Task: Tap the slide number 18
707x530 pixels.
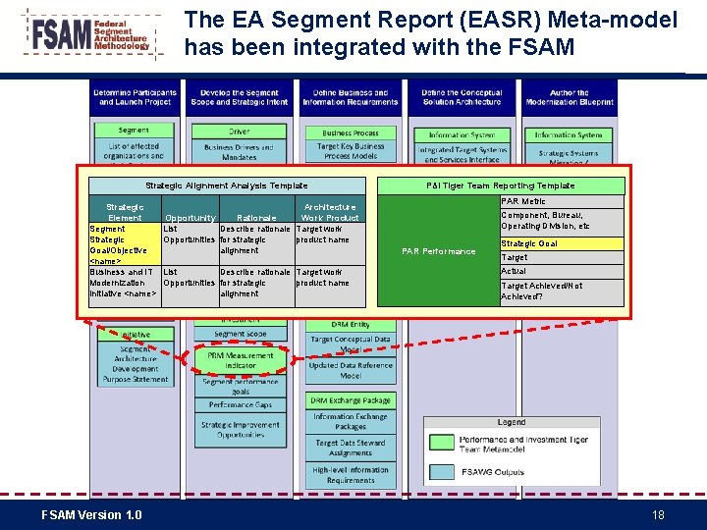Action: coord(658,515)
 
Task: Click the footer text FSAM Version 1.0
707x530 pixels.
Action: coord(91,515)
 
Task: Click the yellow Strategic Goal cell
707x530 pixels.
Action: coord(562,243)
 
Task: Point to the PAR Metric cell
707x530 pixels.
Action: coord(562,201)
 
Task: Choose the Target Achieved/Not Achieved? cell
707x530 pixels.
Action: coord(562,291)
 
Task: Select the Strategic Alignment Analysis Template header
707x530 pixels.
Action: coord(226,185)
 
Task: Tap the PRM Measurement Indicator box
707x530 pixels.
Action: coord(240,360)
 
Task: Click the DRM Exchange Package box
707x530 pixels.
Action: coord(351,400)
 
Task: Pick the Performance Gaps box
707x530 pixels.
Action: coord(240,404)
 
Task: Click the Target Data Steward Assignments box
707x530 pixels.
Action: coord(351,449)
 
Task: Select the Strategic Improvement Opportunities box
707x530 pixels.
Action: coord(240,429)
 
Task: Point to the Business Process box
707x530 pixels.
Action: coord(351,132)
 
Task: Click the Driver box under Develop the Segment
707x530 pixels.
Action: coord(240,131)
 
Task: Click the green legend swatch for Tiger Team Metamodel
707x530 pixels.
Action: coord(443,444)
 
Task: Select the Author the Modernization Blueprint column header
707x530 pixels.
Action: coord(569,97)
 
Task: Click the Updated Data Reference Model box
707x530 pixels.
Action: coord(351,371)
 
